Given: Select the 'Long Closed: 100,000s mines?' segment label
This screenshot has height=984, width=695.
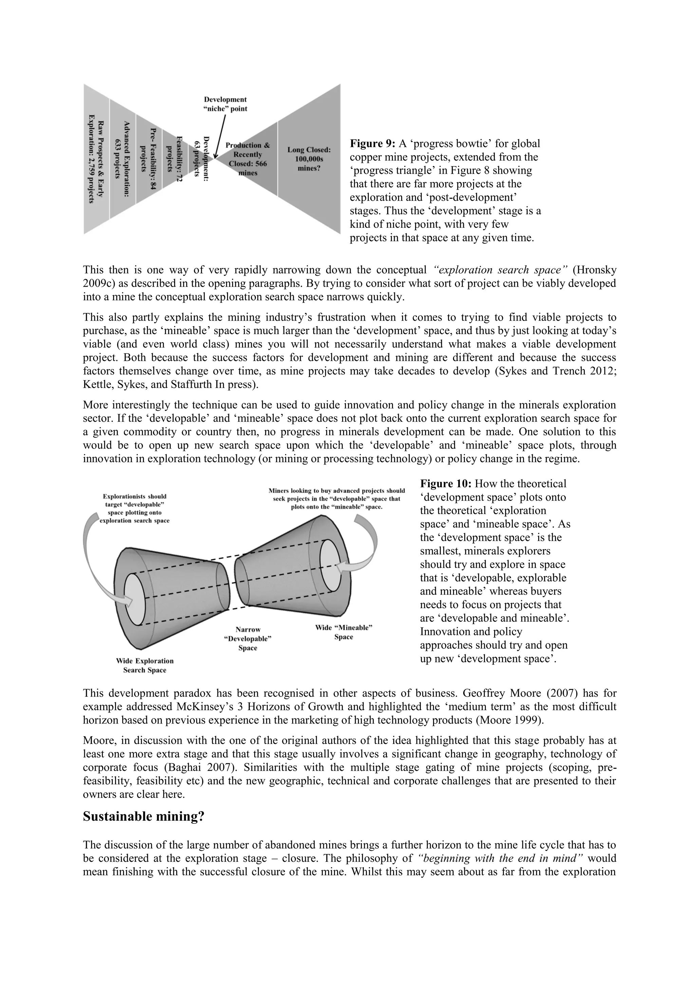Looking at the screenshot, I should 308,159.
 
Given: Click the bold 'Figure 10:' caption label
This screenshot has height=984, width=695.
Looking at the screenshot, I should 446,484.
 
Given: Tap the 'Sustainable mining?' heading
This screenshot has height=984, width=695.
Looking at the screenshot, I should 144,817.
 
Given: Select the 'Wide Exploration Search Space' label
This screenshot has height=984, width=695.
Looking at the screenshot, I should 145,666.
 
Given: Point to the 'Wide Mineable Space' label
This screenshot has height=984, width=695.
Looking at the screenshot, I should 343,632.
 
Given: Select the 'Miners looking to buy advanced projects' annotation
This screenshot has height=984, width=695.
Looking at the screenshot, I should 336,498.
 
